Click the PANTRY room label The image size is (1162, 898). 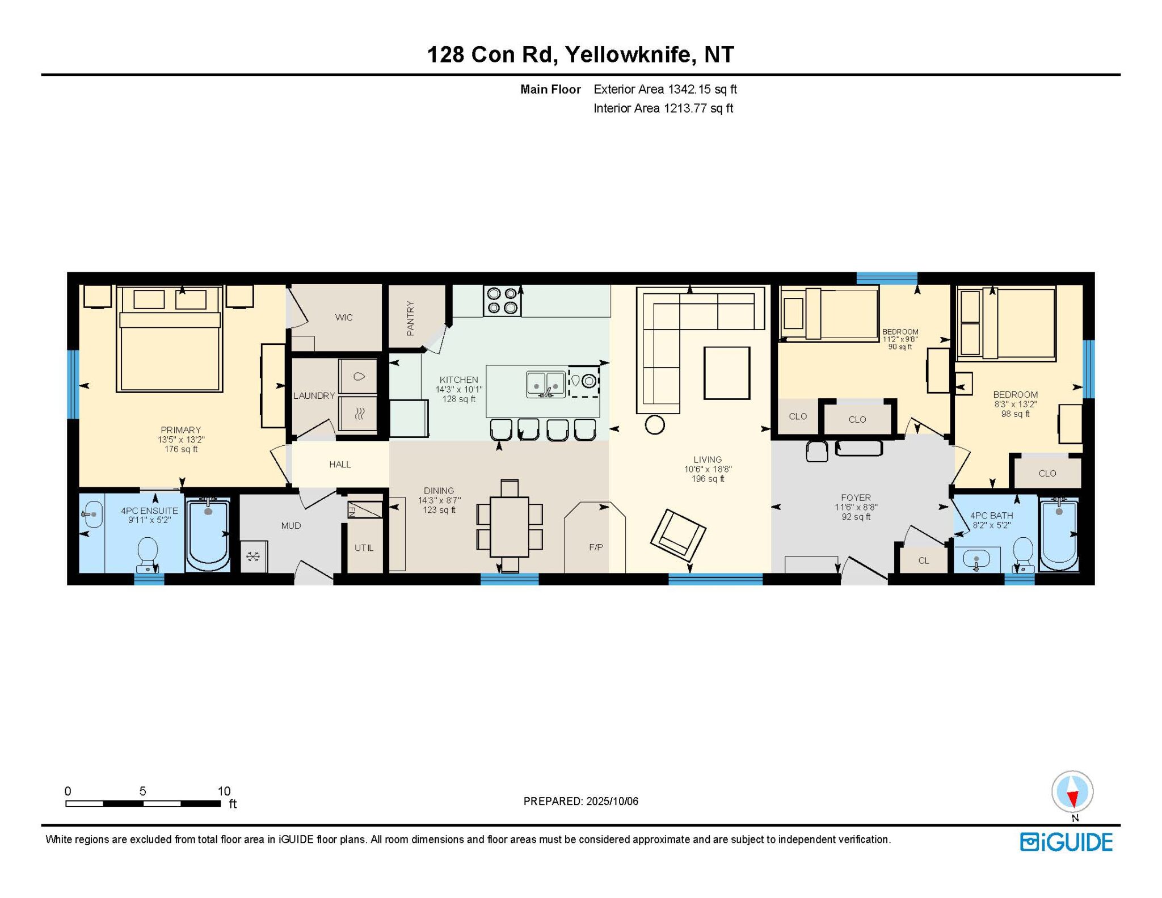[x=410, y=318]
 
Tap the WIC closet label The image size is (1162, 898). [x=344, y=317]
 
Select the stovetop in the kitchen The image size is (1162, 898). [x=502, y=301]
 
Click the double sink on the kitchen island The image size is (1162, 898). [x=546, y=384]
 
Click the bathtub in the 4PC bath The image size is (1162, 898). [x=1058, y=535]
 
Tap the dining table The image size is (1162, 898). [x=510, y=526]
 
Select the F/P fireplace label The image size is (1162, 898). [x=596, y=547]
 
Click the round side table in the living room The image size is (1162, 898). [x=655, y=424]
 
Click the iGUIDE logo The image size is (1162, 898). [x=1066, y=842]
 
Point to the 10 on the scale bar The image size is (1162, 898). [x=224, y=791]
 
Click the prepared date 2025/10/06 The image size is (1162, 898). [x=612, y=801]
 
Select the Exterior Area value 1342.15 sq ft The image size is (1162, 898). [x=702, y=89]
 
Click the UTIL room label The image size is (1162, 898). [x=364, y=547]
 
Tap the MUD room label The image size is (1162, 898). [x=291, y=525]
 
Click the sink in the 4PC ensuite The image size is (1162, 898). [x=92, y=515]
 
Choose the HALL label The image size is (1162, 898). [x=340, y=464]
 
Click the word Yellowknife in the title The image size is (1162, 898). [x=630, y=54]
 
